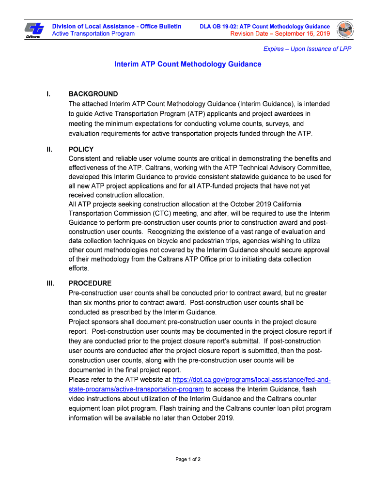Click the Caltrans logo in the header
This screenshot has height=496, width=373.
click(33, 30)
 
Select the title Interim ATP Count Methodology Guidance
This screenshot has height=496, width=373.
click(187, 64)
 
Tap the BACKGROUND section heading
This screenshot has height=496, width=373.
click(93, 94)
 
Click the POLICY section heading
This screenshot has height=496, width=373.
click(81, 149)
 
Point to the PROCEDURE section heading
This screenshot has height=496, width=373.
click(90, 283)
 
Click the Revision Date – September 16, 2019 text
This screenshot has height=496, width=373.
click(280, 34)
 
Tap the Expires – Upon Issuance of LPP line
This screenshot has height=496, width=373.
click(307, 49)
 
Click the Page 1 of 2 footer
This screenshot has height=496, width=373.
click(188, 459)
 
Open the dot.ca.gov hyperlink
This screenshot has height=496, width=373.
click(251, 380)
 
